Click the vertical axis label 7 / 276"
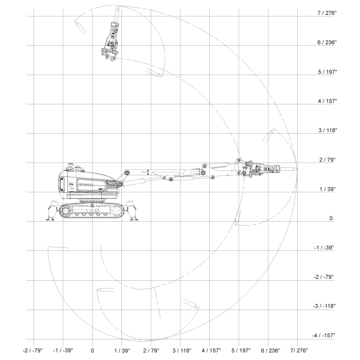click(327, 13)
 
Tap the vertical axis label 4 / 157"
click(328, 101)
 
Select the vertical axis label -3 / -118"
click(324, 306)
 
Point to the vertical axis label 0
click(331, 218)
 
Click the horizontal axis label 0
click(92, 351)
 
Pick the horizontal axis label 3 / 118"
click(182, 351)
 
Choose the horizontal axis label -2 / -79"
click(33, 351)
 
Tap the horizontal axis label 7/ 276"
click(299, 351)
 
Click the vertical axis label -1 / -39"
click(324, 247)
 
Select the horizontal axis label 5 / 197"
click(241, 351)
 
